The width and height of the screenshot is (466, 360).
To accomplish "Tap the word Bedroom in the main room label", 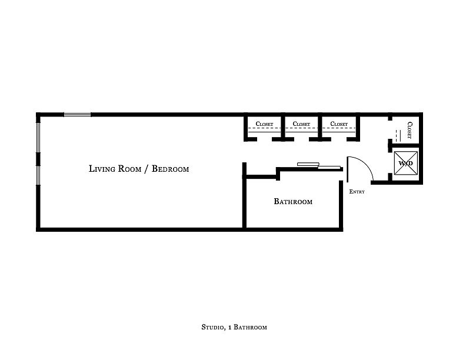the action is (170, 169).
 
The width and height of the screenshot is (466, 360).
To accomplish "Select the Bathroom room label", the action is (293, 201).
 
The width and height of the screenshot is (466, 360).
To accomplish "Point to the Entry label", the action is (357, 192).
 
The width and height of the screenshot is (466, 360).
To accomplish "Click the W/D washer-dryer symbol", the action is (405, 163).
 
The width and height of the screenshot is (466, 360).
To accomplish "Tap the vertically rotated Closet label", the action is (410, 130).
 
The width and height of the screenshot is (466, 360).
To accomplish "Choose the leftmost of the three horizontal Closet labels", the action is (264, 124).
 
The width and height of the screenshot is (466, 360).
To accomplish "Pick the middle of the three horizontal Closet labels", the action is (301, 124).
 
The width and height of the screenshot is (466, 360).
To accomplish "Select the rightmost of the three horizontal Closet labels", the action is (339, 124).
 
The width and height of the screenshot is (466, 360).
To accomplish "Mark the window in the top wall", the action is (77, 114).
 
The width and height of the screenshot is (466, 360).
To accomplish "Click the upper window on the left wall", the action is (38, 138).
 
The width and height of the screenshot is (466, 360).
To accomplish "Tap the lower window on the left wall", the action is (38, 175).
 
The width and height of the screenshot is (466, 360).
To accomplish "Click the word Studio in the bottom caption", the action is (212, 327).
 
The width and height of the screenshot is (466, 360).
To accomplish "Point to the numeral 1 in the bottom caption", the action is (230, 327).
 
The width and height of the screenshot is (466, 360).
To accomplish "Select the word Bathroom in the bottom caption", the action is (250, 327).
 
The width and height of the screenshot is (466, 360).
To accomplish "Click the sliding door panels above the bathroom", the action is (319, 166).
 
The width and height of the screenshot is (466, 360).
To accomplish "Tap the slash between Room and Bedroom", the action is (147, 169).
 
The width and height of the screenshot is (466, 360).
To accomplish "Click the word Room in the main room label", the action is (129, 169).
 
